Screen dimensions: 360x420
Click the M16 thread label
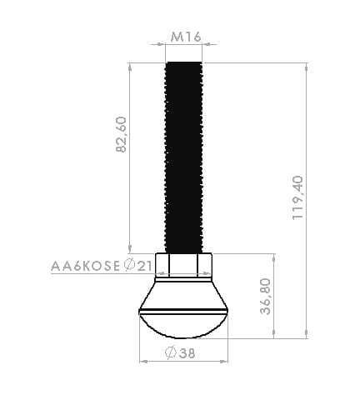186,37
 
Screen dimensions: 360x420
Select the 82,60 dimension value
121,134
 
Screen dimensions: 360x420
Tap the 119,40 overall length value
297,197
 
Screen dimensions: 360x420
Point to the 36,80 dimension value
266,297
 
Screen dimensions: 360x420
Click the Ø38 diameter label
180,353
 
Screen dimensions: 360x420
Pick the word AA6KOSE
85,266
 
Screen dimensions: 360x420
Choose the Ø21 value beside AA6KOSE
138,266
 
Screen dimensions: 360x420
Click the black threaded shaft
184,157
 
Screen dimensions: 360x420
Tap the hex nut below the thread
183,265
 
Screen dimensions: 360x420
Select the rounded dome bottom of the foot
183,326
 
